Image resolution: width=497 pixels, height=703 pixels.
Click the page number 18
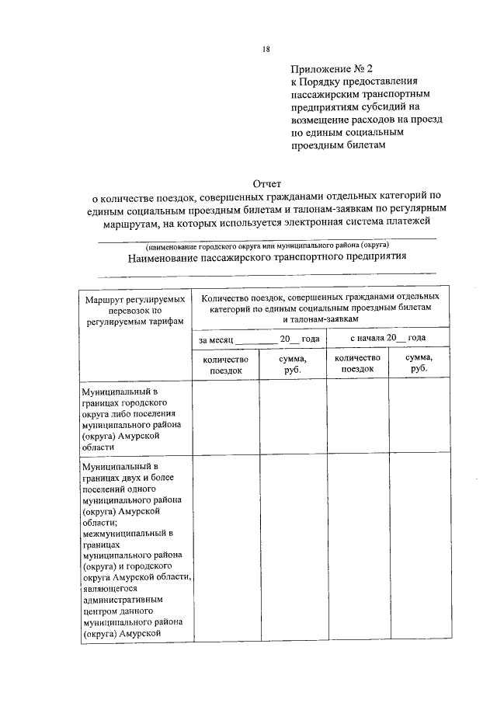(x=266, y=49)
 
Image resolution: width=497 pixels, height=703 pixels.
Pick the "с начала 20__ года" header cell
(x=388, y=339)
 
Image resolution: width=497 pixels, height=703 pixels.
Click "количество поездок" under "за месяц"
(x=225, y=364)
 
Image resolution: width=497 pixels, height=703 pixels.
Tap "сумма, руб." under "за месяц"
(x=292, y=364)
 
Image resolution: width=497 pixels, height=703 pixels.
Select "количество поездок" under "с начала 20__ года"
(x=357, y=364)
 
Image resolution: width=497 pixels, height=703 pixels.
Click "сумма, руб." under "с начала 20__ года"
(x=419, y=364)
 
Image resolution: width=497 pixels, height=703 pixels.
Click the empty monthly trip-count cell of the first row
(x=225, y=419)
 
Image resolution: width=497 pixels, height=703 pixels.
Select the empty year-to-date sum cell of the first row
(x=419, y=419)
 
